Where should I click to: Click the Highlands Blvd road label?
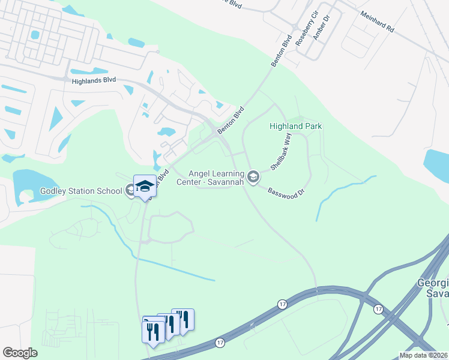pyautogui.click(x=93, y=80)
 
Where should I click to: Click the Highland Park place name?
pyautogui.click(x=296, y=126)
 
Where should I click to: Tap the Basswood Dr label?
pyautogui.click(x=287, y=191)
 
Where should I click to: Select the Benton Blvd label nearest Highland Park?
pyautogui.click(x=231, y=120)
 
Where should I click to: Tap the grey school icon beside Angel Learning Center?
pyautogui.click(x=253, y=176)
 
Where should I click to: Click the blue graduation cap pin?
pyautogui.click(x=145, y=187)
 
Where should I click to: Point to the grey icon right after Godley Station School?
pyautogui.click(x=130, y=191)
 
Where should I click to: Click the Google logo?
pyautogui.click(x=20, y=353)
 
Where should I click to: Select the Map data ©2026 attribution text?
pyautogui.click(x=423, y=355)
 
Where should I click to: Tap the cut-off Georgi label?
pyautogui.click(x=433, y=283)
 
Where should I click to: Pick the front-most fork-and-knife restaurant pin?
pyautogui.click(x=152, y=332)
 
